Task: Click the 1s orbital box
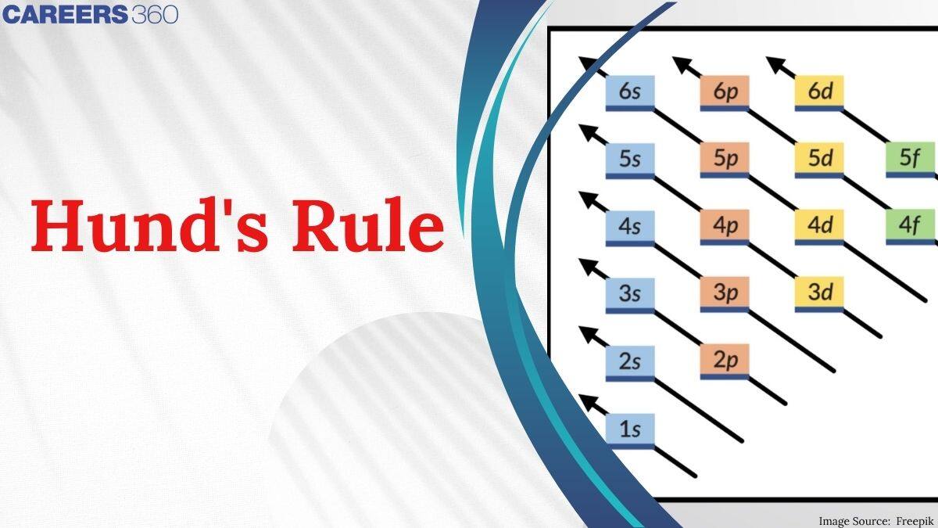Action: [x=630, y=429]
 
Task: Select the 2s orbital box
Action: [x=630, y=361]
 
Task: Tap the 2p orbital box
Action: [x=725, y=361]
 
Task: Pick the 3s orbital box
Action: [x=630, y=293]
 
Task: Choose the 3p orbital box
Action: [x=725, y=293]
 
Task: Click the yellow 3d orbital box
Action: [x=818, y=293]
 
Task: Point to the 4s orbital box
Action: [x=630, y=226]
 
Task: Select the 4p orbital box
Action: [x=725, y=226]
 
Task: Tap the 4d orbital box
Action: [x=818, y=226]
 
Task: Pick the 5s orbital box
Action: [x=630, y=159]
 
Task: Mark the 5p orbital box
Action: [x=725, y=159]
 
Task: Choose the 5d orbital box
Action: [x=818, y=159]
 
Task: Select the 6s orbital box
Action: [x=630, y=92]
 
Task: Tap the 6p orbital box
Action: [x=725, y=92]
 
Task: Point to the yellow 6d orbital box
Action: [x=818, y=92]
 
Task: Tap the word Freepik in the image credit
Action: [x=914, y=520]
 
